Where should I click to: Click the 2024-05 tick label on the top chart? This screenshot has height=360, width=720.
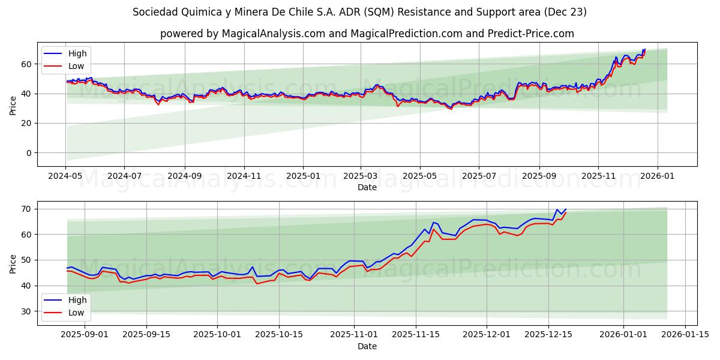click(65, 176)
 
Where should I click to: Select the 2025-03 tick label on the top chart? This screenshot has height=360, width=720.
click(361, 176)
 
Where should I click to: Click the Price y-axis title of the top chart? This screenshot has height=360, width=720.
click(13, 104)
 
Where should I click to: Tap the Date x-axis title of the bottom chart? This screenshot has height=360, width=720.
click(367, 346)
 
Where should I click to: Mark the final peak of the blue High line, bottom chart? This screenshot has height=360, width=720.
click(566, 209)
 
